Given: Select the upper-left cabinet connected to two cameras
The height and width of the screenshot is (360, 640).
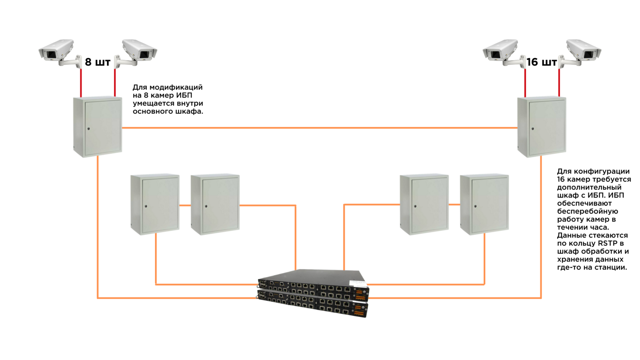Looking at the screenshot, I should pos(98,126).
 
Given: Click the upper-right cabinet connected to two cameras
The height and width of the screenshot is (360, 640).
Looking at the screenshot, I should pos(542,126).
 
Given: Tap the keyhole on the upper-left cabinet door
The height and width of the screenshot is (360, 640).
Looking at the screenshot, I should pos(88,129).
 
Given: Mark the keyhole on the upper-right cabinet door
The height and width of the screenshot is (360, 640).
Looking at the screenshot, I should pos(533,129).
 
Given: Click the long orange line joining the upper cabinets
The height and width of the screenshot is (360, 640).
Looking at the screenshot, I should pos(320,128).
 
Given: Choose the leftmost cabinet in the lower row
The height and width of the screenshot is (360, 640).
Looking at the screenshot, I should pos(155,204).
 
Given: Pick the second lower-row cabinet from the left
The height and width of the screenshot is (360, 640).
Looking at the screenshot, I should pos(215,204).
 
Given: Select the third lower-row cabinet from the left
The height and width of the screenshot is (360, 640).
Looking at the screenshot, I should pos(424,204).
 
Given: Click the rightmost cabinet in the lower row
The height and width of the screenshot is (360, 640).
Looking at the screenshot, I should pos(485,204).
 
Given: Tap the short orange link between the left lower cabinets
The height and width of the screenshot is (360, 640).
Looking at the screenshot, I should pos(185,205).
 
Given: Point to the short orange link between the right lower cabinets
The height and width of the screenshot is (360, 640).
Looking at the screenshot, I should pos(454,205).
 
